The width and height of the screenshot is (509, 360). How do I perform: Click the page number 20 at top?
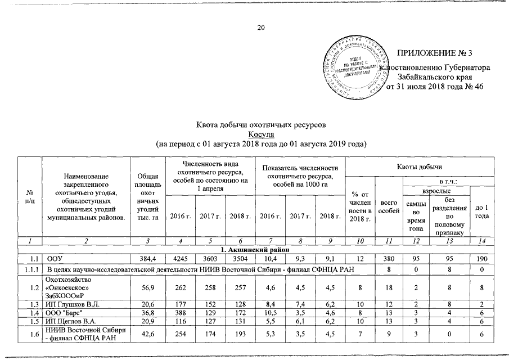260,28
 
